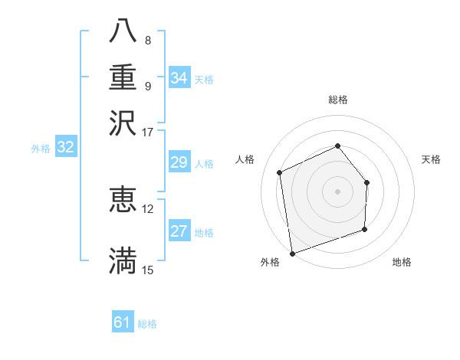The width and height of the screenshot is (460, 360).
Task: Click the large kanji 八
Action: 123,31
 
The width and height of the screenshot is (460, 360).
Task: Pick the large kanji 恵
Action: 123,198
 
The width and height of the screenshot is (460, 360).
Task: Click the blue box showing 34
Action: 179,78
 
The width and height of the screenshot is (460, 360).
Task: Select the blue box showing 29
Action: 179,162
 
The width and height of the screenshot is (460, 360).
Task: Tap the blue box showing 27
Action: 179,231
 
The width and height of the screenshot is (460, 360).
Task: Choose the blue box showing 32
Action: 65,148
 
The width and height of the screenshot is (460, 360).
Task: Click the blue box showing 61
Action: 123,322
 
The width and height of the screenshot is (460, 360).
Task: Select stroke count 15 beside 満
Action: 147,270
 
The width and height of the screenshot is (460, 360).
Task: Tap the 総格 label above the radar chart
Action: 337,100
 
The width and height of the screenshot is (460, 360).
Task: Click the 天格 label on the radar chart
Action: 432,159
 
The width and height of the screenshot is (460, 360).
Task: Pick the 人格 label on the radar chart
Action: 245,159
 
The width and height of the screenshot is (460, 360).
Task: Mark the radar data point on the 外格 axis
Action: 292,253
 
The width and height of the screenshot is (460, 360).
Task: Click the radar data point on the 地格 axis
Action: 364,229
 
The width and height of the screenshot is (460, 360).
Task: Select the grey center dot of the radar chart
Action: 337,191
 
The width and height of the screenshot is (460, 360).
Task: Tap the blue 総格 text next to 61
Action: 147,324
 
